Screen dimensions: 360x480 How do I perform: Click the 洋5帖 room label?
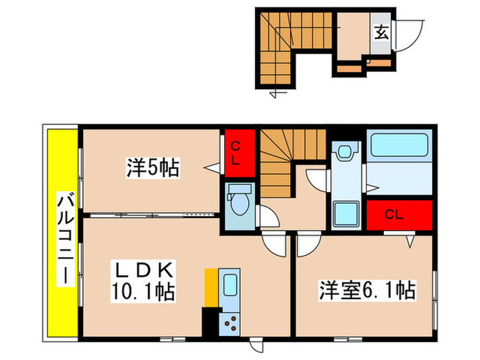point(152,167)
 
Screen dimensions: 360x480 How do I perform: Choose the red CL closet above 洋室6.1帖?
point(398,214)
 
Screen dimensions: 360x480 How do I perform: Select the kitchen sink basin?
point(230,285)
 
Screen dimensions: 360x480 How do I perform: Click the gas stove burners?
point(231,322)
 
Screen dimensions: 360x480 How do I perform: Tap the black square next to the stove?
point(209,321)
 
